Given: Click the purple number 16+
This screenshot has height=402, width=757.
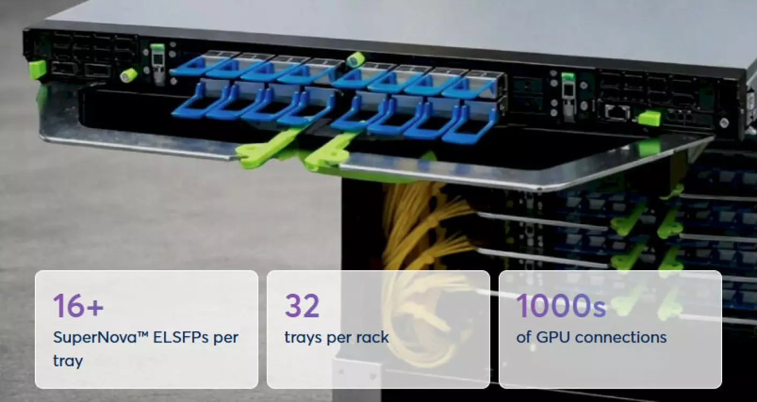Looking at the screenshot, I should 78,305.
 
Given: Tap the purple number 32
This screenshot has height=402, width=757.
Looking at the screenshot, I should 302,305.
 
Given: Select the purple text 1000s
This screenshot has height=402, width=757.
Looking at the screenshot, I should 561,305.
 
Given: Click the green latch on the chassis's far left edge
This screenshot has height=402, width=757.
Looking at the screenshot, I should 37,69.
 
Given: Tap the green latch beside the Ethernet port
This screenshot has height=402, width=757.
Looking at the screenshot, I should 649,117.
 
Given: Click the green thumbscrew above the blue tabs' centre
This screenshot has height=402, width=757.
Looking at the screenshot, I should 354,59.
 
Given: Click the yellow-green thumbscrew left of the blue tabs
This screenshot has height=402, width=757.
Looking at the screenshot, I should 129,75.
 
